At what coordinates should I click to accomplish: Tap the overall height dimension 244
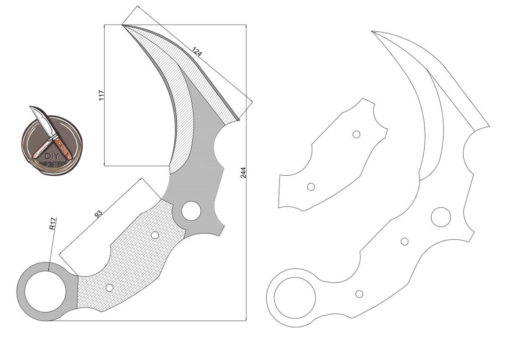243,172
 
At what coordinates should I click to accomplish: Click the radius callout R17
53,223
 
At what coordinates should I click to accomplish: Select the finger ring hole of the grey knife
45,291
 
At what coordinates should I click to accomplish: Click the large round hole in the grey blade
191,211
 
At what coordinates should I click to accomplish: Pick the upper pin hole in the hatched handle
155,235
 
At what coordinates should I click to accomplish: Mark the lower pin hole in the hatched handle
109,287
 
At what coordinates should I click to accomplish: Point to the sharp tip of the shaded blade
123,25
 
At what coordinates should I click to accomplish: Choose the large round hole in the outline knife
441,216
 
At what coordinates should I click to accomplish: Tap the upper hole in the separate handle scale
356,134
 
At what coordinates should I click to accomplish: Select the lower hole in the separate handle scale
311,187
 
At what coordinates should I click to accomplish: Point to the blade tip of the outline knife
372,32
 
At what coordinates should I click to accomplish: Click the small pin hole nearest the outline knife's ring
359,294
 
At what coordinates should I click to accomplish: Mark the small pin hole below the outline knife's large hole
404,241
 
